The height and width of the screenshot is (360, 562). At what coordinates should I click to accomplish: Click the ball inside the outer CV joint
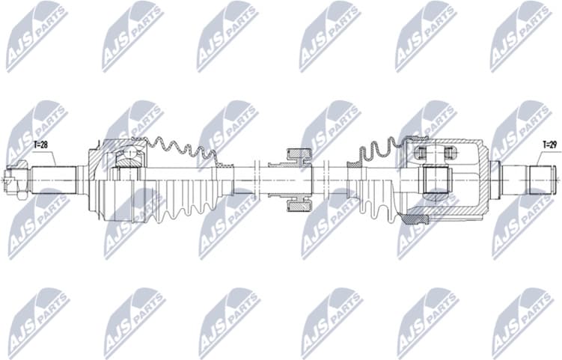click(128, 158)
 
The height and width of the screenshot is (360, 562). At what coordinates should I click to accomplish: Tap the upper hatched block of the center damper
click(298, 156)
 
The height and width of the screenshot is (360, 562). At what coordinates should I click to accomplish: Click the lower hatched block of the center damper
click(298, 204)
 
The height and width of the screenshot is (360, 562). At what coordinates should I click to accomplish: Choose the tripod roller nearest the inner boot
click(421, 153)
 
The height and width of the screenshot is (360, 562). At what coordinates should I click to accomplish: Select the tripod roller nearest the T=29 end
click(448, 153)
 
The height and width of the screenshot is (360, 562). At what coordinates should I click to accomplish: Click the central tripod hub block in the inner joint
click(435, 180)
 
